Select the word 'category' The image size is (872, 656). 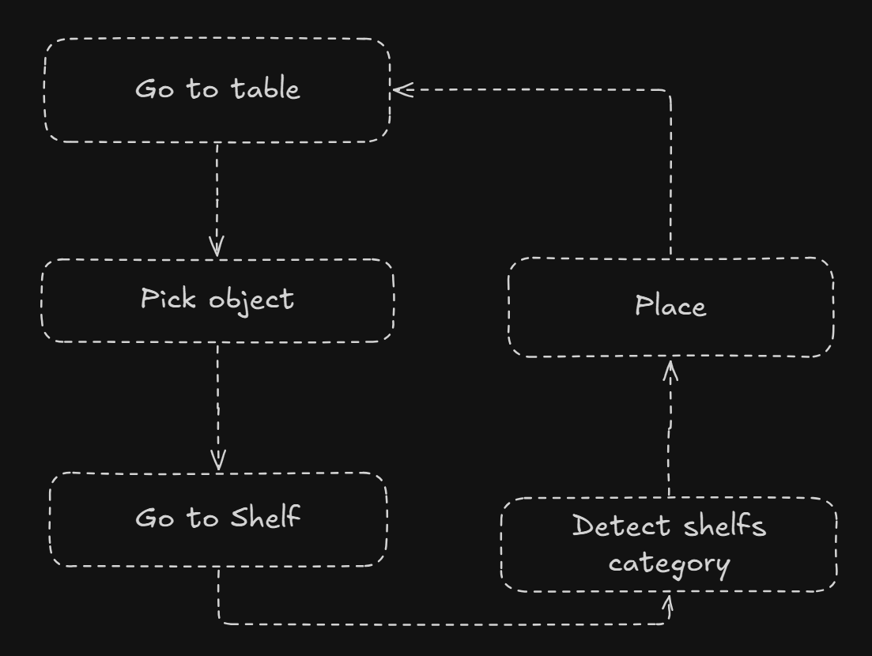669,564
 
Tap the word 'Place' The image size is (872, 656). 670,306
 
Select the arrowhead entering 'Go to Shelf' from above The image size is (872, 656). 219,461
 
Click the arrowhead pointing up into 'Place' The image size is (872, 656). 670,370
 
